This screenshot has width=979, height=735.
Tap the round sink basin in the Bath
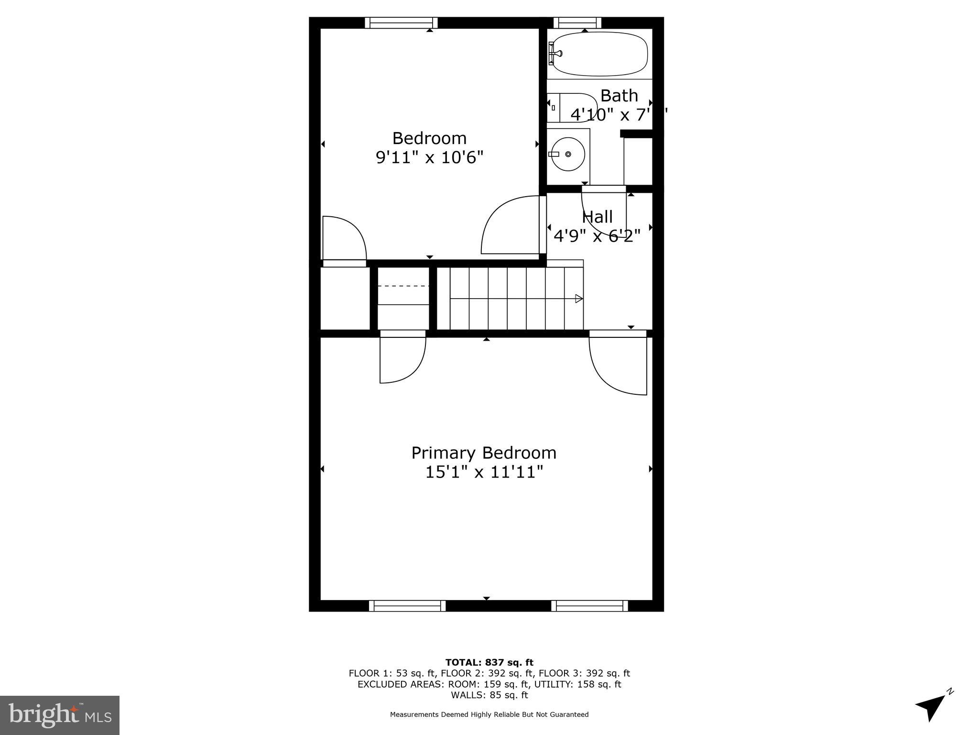pos(566,154)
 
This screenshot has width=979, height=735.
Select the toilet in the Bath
pos(572,108)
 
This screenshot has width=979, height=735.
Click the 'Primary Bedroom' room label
pos(484,453)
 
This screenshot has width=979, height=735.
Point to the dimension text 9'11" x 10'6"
pos(430,157)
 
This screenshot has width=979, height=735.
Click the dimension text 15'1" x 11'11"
pos(484,472)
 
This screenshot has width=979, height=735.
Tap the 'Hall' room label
pos(598,217)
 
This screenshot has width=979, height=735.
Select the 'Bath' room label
pos(619,96)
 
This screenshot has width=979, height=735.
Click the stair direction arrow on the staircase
pos(578,299)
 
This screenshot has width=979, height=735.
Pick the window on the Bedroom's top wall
pos(402,22)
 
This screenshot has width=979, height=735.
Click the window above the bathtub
pos(577,22)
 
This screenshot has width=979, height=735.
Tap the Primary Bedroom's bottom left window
pos(407,606)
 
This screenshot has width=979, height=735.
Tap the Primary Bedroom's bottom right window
pos(589,606)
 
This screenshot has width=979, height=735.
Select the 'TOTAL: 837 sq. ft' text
pos(489,663)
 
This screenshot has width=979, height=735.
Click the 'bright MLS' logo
pos(60,715)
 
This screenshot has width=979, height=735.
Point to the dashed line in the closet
pos(403,286)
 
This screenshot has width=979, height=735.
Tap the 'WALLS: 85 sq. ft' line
pos(489,695)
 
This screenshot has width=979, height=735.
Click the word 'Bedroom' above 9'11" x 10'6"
pos(429,138)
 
